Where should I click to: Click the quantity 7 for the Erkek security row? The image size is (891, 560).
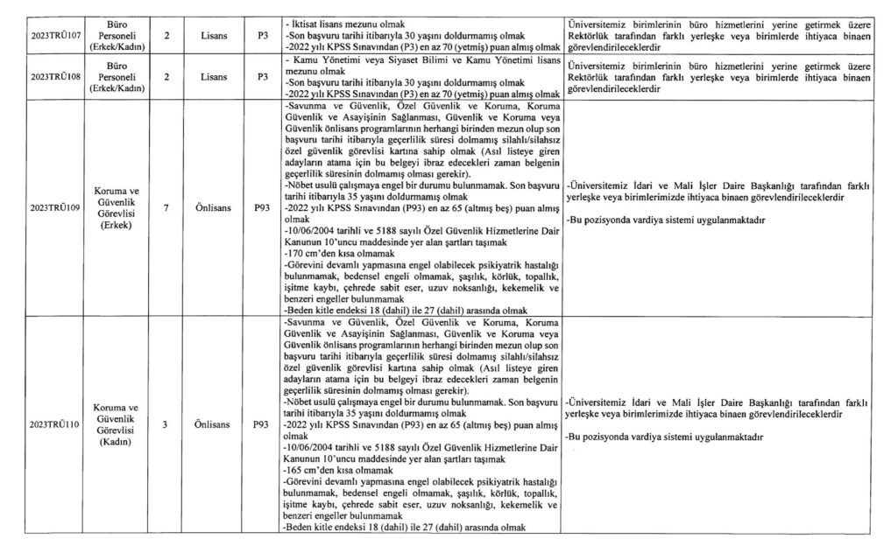coord(164,207)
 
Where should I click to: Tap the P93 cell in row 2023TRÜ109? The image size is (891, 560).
coord(260,207)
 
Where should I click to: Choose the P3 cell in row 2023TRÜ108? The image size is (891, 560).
coord(260,77)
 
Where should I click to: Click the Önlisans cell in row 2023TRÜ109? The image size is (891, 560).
coord(213,207)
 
